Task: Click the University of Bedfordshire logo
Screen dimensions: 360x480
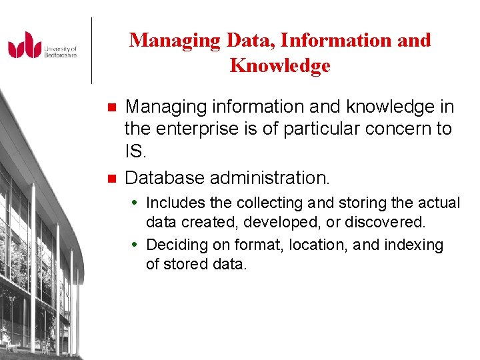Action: click(x=43, y=46)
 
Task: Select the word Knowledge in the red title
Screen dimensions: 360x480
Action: click(x=280, y=66)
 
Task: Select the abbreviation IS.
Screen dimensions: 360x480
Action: click(x=135, y=151)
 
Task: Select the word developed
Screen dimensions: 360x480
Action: click(x=271, y=221)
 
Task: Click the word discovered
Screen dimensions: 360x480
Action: click(x=387, y=221)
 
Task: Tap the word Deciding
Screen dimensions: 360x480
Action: click(x=174, y=245)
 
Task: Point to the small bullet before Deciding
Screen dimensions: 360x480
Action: click(x=137, y=245)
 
